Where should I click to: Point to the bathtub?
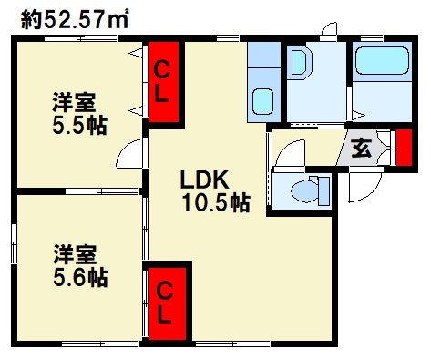click(380, 63)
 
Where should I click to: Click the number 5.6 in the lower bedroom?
click(68, 275)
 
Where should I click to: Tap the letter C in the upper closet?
click(161, 68)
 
